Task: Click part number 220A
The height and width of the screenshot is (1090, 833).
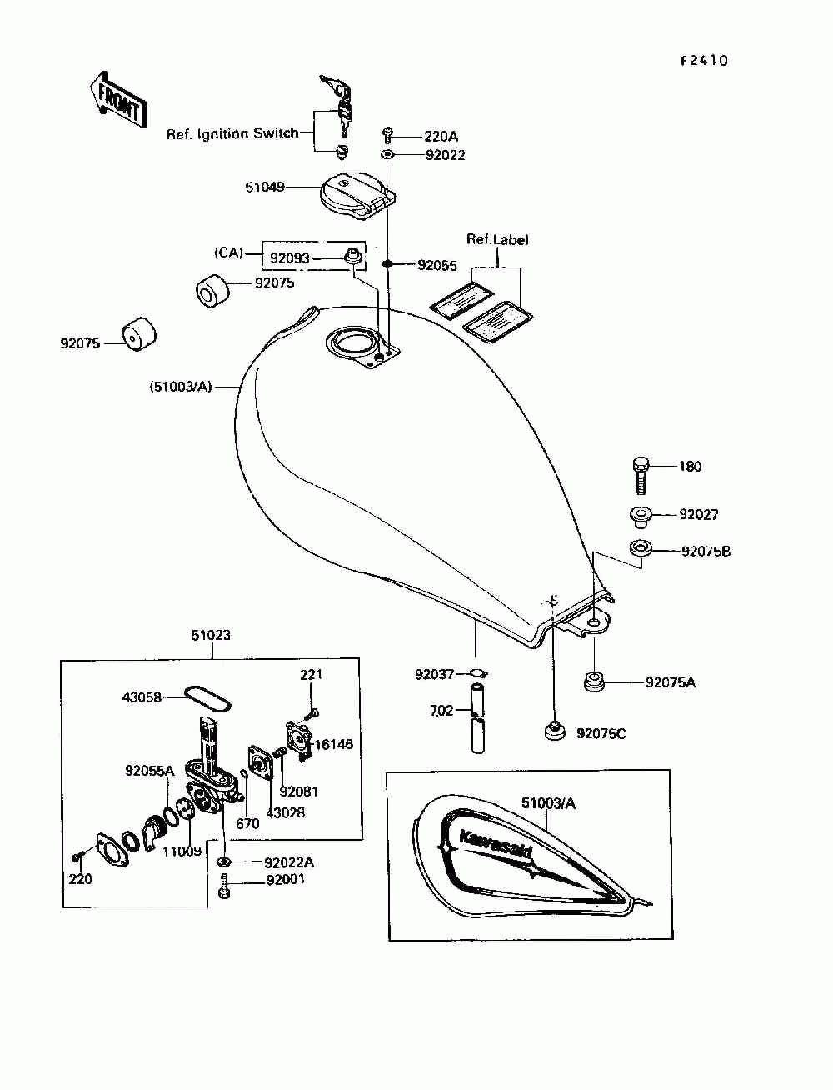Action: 441,136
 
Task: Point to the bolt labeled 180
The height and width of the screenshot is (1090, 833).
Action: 640,475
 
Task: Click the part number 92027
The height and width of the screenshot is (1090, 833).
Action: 698,514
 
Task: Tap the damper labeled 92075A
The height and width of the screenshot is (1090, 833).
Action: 594,681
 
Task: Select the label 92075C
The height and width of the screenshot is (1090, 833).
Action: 601,733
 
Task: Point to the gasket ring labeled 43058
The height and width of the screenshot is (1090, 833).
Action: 208,697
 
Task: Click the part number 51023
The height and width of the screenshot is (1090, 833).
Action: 211,635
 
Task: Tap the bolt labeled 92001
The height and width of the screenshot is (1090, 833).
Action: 224,885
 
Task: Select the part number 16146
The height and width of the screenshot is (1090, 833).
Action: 333,744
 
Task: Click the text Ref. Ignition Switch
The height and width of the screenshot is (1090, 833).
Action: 232,133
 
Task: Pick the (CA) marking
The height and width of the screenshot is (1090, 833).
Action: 229,252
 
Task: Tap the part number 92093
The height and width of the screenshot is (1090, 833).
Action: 289,258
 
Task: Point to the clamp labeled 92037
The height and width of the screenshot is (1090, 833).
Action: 479,673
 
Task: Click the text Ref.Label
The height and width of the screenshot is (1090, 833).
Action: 497,240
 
